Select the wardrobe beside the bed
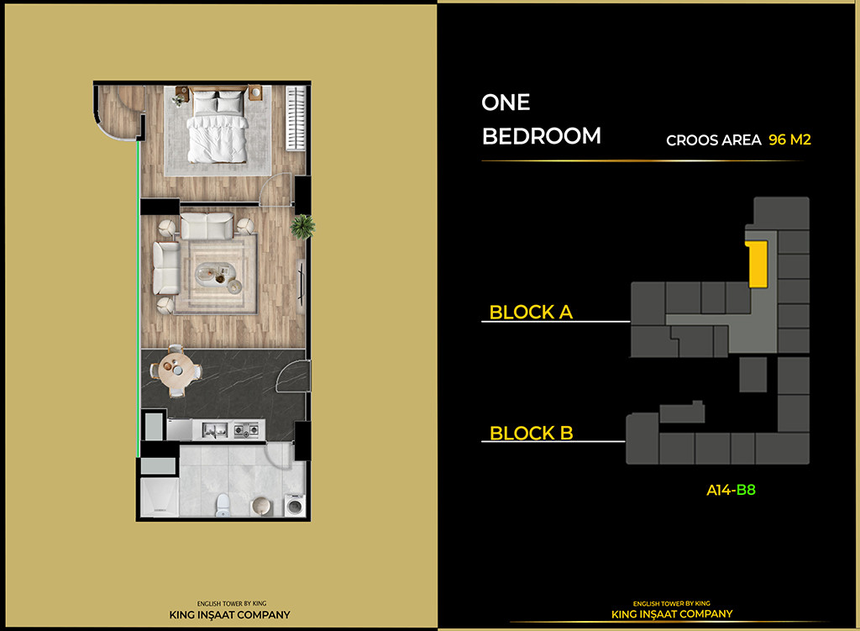click(296, 118)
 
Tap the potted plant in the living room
click(302, 226)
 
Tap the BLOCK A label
click(531, 312)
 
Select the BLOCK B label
click(531, 434)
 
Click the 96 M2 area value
click(789, 139)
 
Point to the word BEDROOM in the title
click(542, 136)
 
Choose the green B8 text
click(746, 490)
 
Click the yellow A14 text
click(718, 490)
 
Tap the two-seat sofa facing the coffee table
click(206, 225)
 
